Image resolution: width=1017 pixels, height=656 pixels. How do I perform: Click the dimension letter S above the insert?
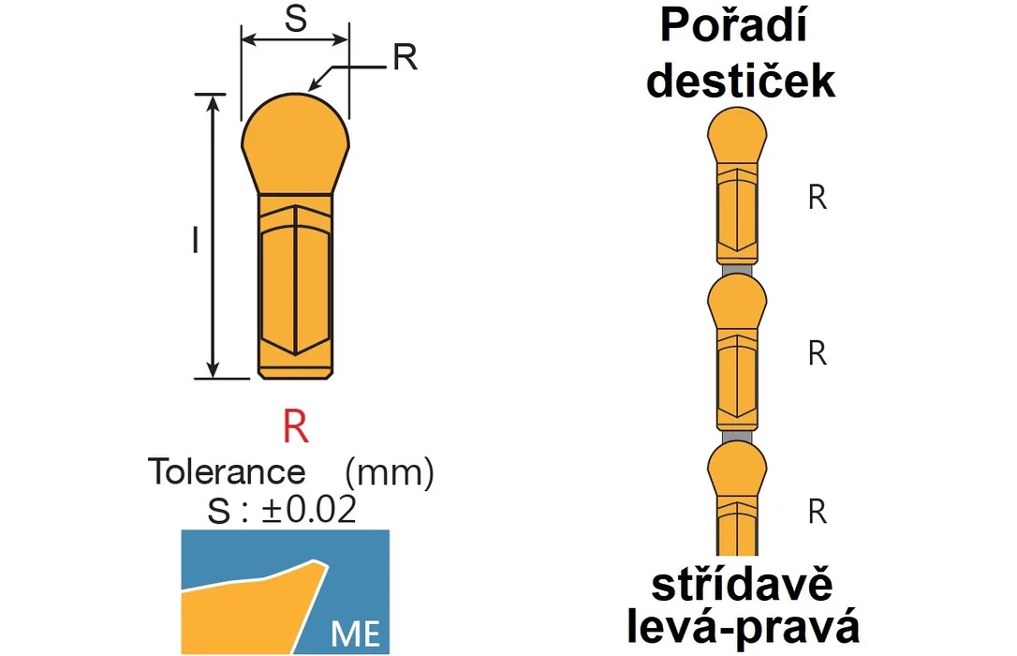[x=296, y=18]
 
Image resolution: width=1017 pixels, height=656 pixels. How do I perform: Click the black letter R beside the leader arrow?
[x=405, y=57]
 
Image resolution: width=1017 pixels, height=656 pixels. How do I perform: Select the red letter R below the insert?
[x=295, y=425]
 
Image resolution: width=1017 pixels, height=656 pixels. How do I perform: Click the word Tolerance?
[x=227, y=471]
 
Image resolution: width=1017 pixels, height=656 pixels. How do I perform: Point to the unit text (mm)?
[x=390, y=472]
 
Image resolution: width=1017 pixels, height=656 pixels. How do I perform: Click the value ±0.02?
[x=309, y=510]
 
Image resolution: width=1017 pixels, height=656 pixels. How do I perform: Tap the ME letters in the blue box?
[x=356, y=634]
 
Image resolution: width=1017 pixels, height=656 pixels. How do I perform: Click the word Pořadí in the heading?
[x=733, y=26]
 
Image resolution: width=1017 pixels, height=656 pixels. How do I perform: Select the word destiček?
[x=741, y=81]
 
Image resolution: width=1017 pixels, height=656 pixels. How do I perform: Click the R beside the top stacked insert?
[x=818, y=197]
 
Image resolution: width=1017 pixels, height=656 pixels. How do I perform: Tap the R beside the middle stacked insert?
[x=818, y=353]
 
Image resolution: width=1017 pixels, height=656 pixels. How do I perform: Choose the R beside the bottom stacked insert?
[x=818, y=512]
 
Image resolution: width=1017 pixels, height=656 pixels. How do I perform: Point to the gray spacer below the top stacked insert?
[x=737, y=269]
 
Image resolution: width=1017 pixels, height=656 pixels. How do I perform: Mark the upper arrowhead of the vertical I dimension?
[x=213, y=102]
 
